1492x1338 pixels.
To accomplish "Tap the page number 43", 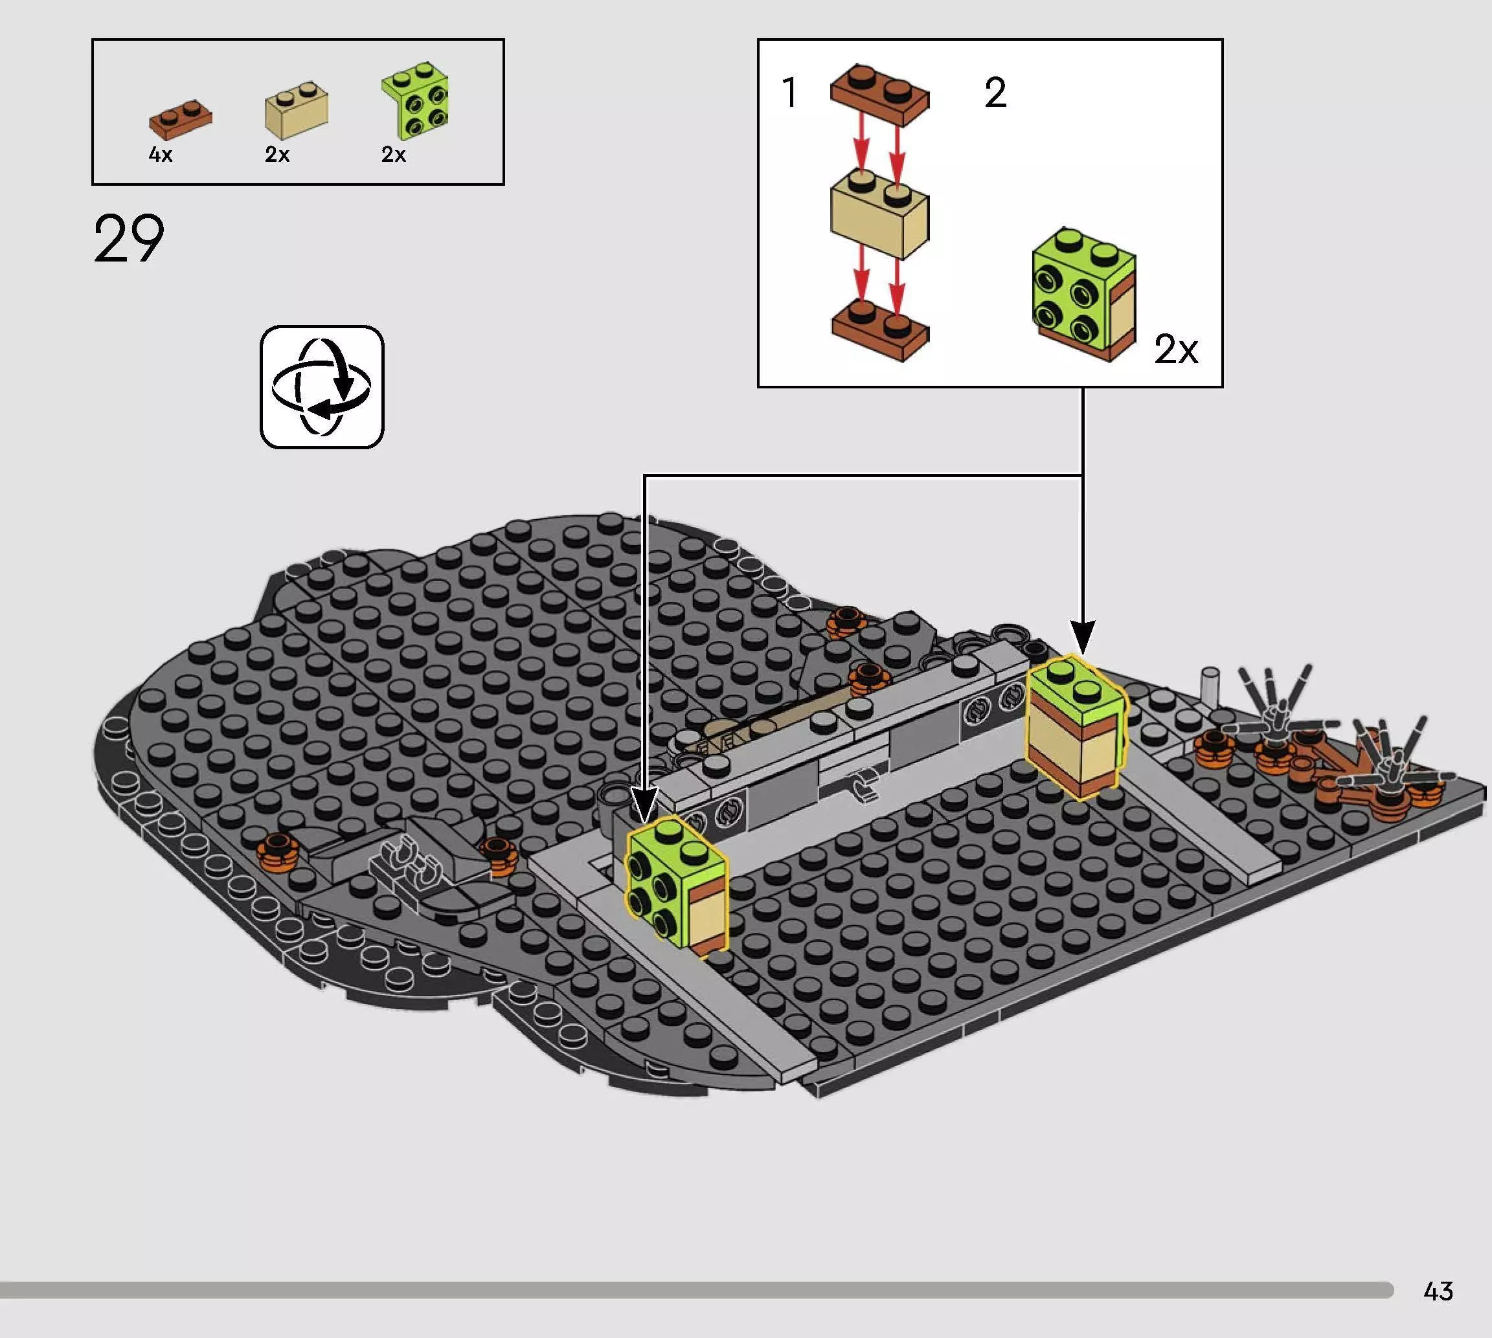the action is coord(1438,1290).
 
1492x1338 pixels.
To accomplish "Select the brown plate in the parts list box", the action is coord(180,119).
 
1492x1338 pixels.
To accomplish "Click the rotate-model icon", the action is coord(322,386).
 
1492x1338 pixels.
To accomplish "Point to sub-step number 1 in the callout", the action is coord(790,93).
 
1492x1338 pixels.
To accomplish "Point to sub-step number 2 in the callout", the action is coord(996,93).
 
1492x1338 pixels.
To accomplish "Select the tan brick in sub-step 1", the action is coord(880,214).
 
